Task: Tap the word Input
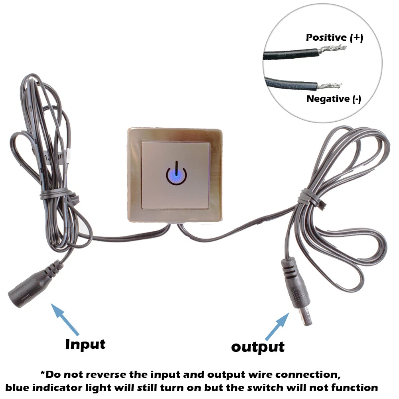click(x=85, y=344)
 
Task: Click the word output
click(x=258, y=347)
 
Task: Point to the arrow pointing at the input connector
click(x=65, y=319)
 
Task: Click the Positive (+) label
click(x=334, y=38)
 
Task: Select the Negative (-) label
click(x=334, y=99)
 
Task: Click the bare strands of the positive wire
click(x=332, y=48)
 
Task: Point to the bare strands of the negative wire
click(x=329, y=86)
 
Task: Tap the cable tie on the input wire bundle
click(x=59, y=195)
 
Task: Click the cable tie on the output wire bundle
click(x=311, y=198)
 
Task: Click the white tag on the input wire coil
click(x=68, y=156)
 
